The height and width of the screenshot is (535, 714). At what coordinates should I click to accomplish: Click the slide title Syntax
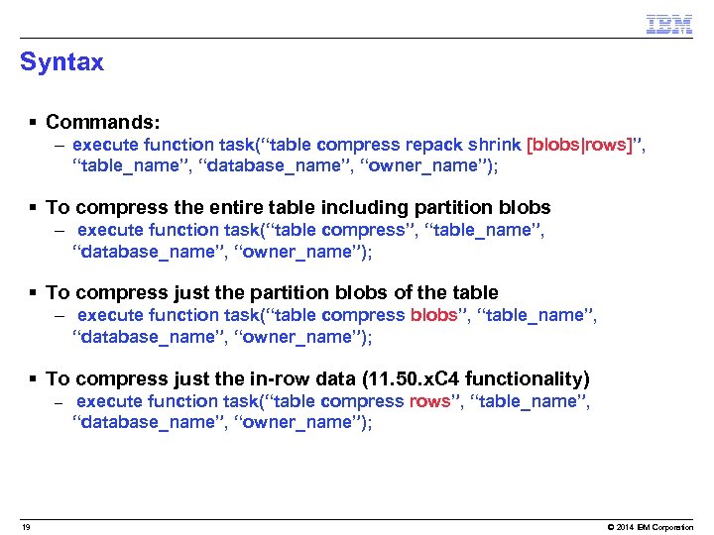[x=61, y=62]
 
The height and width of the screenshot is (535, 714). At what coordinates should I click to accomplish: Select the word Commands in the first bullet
[x=100, y=123]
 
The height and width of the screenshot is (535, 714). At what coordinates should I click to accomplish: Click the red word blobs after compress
[x=434, y=315]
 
